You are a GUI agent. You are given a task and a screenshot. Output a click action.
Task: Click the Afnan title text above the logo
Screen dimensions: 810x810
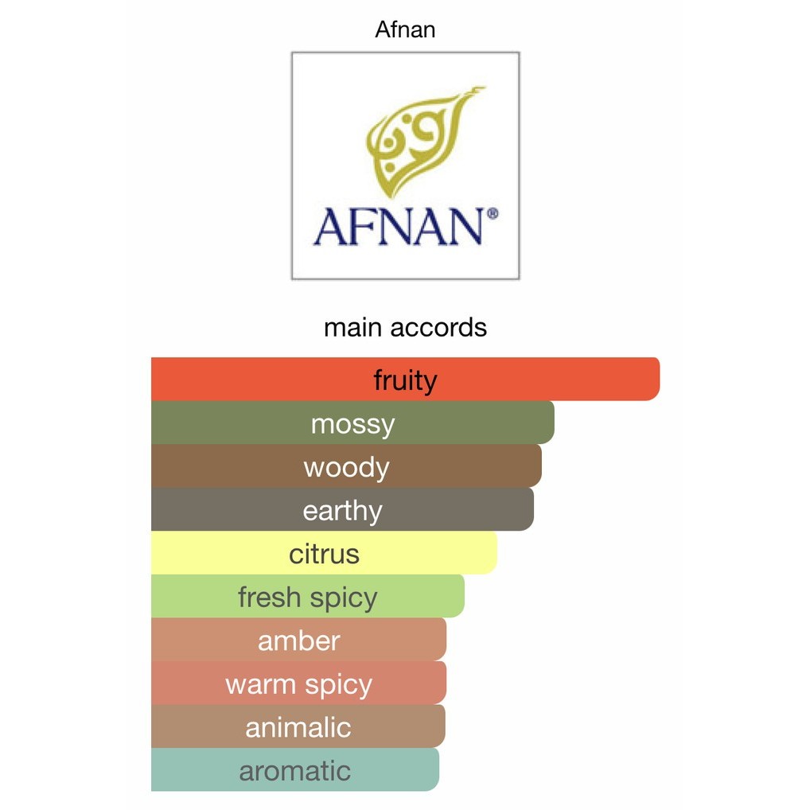405,29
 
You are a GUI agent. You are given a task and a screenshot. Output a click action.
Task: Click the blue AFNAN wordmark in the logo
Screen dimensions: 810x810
399,227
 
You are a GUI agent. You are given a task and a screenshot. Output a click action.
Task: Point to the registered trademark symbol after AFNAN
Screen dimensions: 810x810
493,213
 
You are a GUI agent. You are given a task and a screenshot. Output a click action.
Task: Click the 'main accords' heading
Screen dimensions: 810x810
405,328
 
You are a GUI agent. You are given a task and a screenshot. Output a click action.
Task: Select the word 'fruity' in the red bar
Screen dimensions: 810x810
406,380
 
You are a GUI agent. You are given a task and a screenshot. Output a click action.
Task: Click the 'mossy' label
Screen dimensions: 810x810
352,425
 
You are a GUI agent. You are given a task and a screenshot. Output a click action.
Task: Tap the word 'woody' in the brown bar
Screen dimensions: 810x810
347,468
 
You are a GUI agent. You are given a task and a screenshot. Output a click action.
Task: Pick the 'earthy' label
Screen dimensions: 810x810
342,512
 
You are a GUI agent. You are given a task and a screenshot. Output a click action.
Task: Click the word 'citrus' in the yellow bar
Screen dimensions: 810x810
324,555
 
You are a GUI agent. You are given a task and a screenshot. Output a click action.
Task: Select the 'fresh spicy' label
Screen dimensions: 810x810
307,598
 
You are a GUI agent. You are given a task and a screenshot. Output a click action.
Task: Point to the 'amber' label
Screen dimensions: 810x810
298,641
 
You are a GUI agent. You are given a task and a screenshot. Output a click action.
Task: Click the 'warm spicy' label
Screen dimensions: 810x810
298,685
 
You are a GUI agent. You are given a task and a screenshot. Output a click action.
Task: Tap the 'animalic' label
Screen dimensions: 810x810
298,728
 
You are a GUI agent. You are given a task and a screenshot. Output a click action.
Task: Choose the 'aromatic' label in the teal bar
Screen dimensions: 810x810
295,771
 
